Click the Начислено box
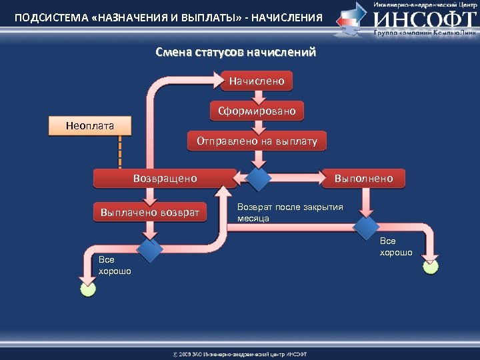tap(257, 81)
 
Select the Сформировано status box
tap(257, 111)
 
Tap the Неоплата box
tap(91, 125)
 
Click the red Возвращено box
tap(165, 178)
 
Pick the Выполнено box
tap(363, 178)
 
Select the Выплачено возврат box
tap(150, 213)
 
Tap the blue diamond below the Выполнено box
tap(365, 227)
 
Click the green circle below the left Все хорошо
tap(88, 289)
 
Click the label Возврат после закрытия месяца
tap(290, 212)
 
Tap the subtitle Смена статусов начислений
tap(235, 52)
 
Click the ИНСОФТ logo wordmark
tap(423, 18)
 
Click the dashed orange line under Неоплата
tap(120, 151)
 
